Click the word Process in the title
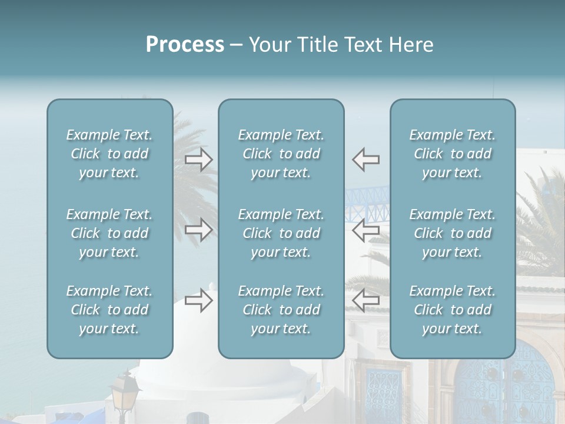pyautogui.click(x=185, y=45)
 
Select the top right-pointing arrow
pyautogui.click(x=198, y=160)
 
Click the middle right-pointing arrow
pyautogui.click(x=198, y=230)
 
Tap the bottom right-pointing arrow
pyautogui.click(x=198, y=301)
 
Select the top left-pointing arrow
pyautogui.click(x=366, y=160)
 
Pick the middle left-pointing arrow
pyautogui.click(x=366, y=230)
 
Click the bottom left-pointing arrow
pyautogui.click(x=366, y=301)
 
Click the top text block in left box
pyautogui.click(x=109, y=154)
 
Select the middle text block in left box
pyautogui.click(x=109, y=233)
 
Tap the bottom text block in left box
pyautogui.click(x=109, y=310)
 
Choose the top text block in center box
pyautogui.click(x=281, y=154)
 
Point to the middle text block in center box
pyautogui.click(x=281, y=233)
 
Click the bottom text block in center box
pyautogui.click(x=281, y=310)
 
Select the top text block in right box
pyautogui.click(x=452, y=154)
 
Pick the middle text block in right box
pyautogui.click(x=452, y=233)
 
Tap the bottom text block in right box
pyautogui.click(x=452, y=310)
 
